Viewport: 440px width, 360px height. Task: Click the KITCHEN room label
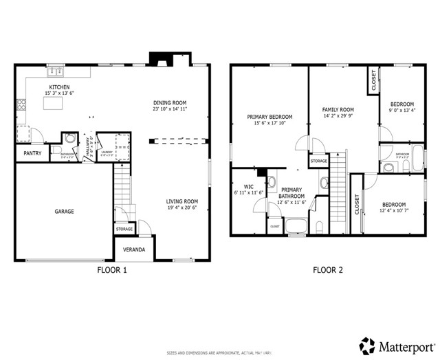tap(59, 87)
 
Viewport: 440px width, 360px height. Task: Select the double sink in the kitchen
tap(55, 70)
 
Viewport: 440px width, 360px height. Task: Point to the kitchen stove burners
tap(21, 105)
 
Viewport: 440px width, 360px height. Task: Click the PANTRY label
tap(32, 153)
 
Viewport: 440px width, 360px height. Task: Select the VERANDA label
tap(134, 249)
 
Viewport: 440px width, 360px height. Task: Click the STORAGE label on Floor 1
tap(124, 229)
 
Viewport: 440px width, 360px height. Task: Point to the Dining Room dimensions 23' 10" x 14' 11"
tap(170, 109)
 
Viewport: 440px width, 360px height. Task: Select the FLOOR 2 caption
tap(327, 270)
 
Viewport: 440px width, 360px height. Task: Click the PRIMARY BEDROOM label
tap(269, 117)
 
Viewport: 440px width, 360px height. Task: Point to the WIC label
tap(248, 186)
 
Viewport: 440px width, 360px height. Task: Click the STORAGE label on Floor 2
tap(318, 161)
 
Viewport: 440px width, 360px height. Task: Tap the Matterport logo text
tap(401, 343)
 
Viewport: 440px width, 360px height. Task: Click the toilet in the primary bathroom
tap(320, 226)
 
